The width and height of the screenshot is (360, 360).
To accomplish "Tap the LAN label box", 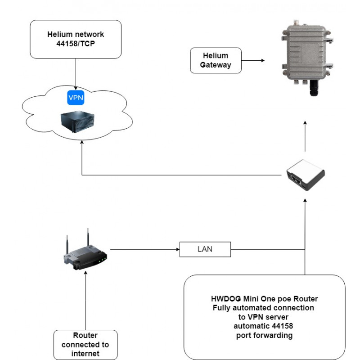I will click(x=205, y=249).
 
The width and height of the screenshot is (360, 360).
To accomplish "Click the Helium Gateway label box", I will click(x=216, y=60).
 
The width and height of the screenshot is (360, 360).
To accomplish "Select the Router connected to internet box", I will click(x=85, y=344).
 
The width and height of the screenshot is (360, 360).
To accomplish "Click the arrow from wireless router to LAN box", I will click(x=144, y=249).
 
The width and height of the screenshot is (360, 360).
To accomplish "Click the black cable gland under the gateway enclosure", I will click(x=312, y=89).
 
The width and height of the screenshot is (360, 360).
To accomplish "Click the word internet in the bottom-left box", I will click(x=85, y=354).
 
